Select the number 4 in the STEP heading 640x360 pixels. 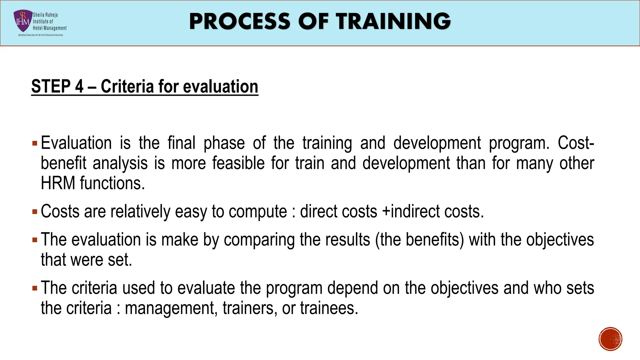79,87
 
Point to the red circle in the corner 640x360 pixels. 610,339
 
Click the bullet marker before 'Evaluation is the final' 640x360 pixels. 35,144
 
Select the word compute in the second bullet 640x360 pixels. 258,212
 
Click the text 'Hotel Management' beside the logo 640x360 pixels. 50,28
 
